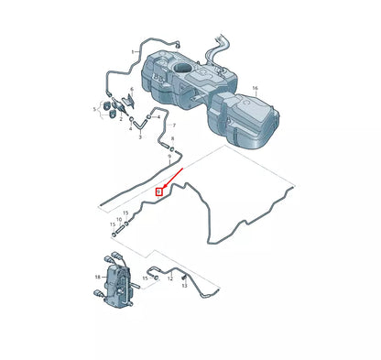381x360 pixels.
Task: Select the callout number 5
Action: point(94,108)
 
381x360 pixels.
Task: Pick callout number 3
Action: point(139,136)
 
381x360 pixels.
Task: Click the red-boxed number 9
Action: point(158,191)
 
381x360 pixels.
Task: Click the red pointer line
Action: point(175,178)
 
